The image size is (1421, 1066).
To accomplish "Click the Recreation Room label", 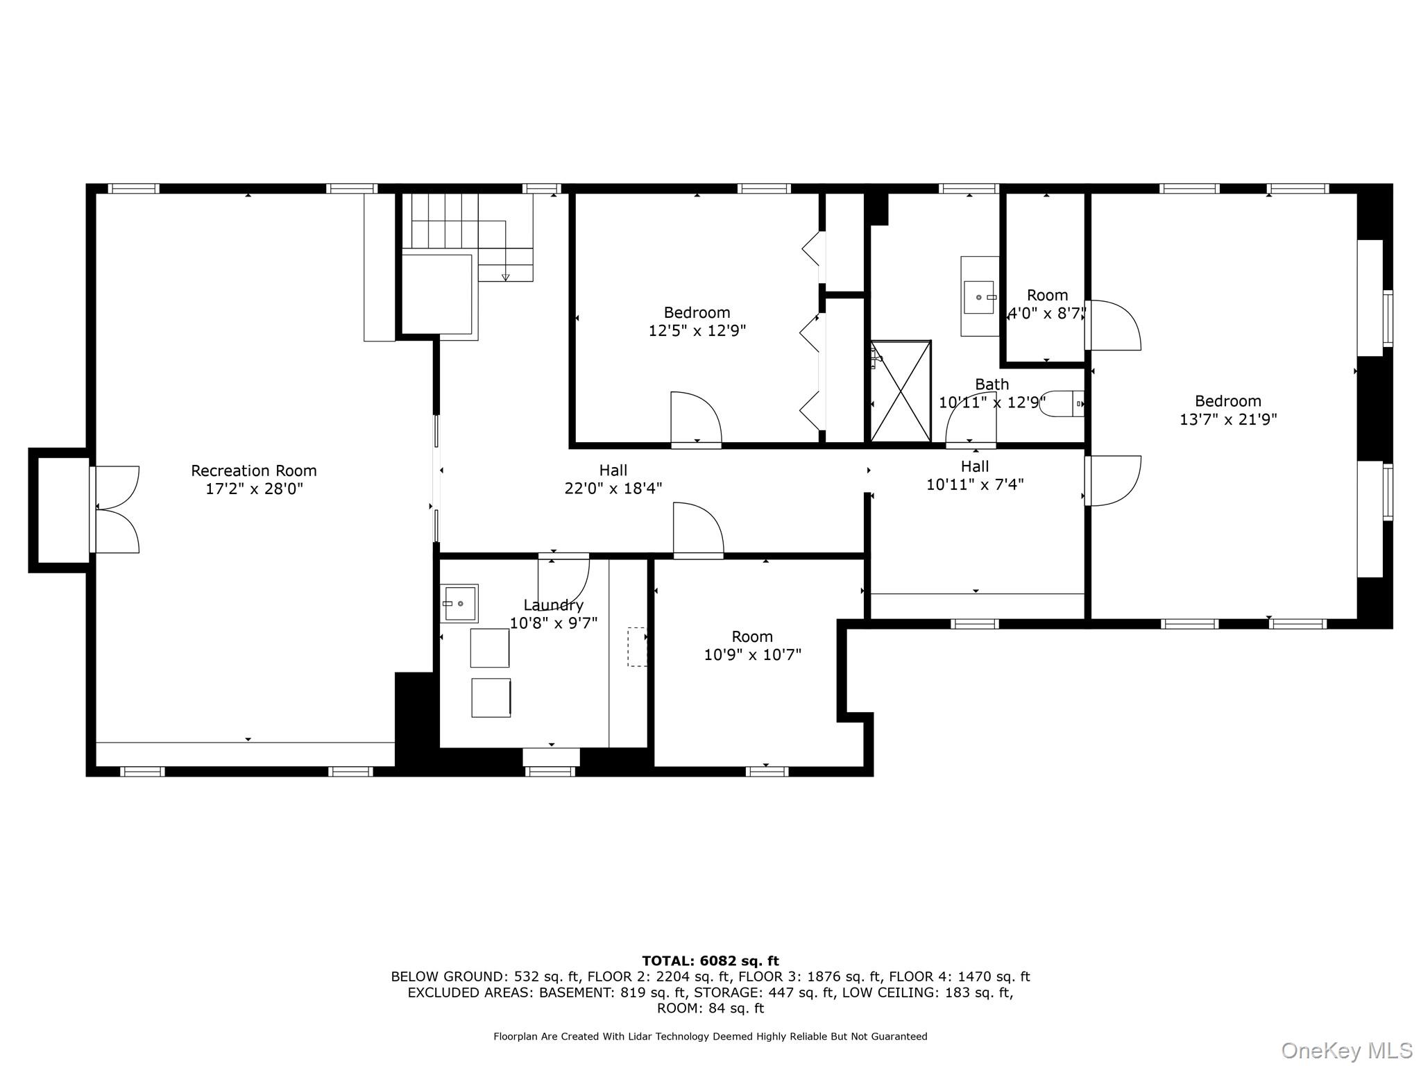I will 253,471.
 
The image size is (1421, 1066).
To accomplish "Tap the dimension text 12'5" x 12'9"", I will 697,331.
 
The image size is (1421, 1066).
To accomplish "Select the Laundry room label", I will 553,605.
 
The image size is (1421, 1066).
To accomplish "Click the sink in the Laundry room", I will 460,604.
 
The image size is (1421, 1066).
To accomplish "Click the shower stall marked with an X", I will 901,391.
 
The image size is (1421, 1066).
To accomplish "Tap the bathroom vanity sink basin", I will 979,297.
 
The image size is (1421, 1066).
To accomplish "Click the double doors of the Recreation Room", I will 117,509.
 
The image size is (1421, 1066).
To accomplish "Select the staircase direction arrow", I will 505,276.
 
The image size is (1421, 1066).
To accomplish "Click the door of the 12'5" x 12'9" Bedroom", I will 695,418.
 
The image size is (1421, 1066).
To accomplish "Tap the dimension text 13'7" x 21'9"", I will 1228,420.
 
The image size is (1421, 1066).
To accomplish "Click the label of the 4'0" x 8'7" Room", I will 1047,296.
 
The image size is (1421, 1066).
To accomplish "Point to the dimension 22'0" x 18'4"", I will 613,489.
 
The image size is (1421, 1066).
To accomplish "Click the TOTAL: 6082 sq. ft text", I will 710,961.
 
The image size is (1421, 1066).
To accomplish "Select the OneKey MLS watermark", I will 1346,1050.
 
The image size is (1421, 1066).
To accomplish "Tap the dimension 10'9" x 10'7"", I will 752,654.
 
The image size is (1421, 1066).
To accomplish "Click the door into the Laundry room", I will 563,580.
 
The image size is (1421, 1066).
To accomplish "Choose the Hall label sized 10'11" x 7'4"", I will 975,466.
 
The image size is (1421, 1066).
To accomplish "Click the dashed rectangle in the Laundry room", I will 637,647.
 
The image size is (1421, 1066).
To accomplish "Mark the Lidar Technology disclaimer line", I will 710,1037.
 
